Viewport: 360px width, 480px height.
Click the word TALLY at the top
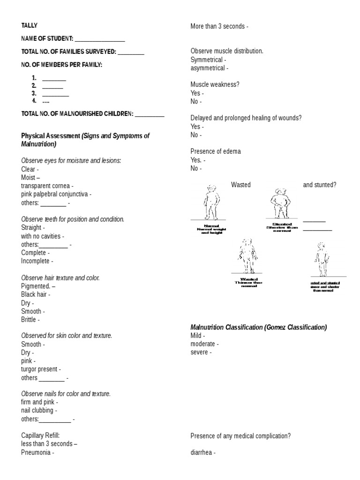[x=30, y=26]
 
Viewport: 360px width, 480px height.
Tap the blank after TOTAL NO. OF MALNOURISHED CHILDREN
[x=150, y=114]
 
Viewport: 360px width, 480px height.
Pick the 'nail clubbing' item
[x=38, y=411]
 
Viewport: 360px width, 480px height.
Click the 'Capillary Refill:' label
[x=40, y=435]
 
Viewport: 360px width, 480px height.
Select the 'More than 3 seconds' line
[x=217, y=26]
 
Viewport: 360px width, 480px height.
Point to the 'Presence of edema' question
[x=216, y=151]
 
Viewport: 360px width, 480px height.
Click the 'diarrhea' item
[x=202, y=453]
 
